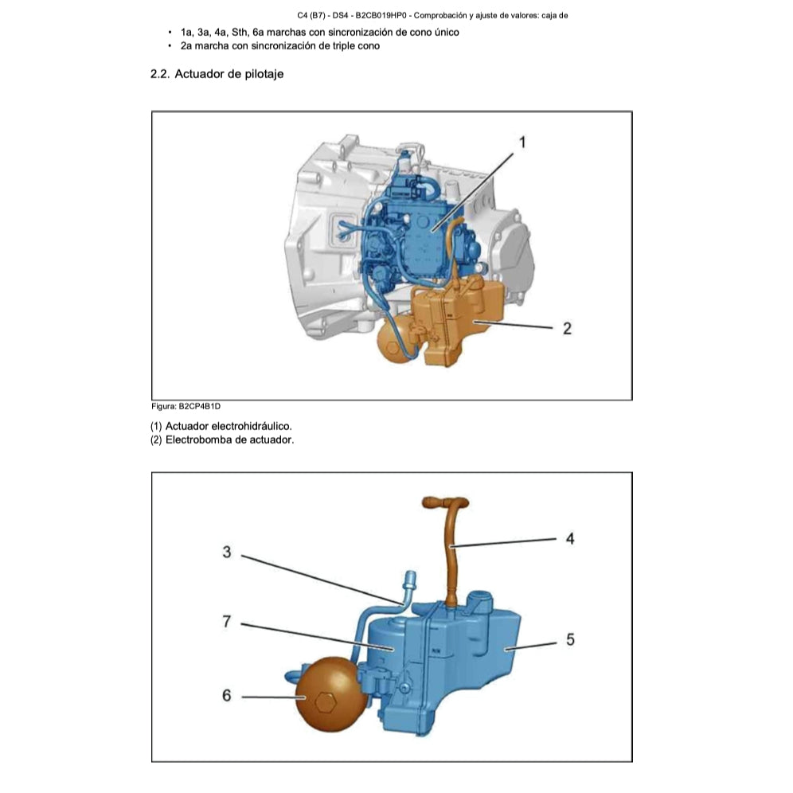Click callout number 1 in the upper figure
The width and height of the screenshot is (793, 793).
(x=522, y=143)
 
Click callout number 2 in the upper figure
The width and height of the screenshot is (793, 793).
(x=567, y=328)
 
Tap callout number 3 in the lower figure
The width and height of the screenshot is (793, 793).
(x=227, y=552)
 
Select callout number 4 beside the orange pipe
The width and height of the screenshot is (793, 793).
(x=570, y=538)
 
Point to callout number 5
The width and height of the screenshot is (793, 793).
(x=570, y=639)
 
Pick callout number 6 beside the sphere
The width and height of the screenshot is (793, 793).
(x=227, y=696)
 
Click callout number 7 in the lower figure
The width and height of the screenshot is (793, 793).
(x=227, y=622)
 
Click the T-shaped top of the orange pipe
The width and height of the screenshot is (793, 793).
(x=443, y=503)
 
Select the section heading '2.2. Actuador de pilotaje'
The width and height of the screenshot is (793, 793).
(x=217, y=74)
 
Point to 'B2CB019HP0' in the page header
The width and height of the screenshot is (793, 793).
(x=381, y=15)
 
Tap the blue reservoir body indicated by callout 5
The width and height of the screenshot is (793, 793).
(x=478, y=653)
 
